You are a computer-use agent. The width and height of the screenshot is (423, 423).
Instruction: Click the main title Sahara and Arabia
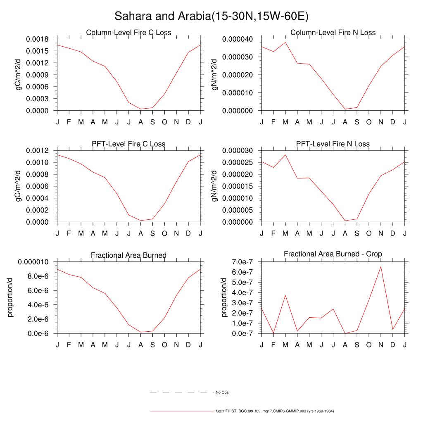click(211, 16)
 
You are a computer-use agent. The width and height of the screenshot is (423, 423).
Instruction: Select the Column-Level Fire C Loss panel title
click(128, 33)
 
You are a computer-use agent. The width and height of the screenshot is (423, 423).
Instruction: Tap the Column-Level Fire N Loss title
click(333, 33)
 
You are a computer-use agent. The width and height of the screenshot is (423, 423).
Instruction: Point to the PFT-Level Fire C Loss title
click(128, 144)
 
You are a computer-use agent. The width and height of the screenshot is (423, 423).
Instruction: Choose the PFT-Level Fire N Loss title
click(333, 144)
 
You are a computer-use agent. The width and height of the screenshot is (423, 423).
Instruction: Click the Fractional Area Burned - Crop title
click(333, 254)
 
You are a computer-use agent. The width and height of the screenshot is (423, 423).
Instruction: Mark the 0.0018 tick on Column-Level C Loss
click(37, 39)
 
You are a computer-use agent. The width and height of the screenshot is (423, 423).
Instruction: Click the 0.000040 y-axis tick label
click(238, 39)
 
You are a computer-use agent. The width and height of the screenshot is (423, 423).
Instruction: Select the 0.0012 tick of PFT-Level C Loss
click(37, 150)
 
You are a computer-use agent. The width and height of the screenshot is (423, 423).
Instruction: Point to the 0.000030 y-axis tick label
click(238, 150)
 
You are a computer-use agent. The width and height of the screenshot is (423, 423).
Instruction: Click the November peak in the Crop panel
click(381, 266)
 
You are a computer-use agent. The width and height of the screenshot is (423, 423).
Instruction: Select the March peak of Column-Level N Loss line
click(285, 43)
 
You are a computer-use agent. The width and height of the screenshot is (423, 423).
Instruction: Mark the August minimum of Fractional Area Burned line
click(140, 332)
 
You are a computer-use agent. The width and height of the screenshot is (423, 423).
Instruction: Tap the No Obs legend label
click(222, 392)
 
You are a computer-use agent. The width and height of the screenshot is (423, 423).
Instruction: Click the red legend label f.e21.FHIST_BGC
click(274, 411)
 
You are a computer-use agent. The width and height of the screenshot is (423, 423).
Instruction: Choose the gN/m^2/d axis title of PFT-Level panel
click(215, 186)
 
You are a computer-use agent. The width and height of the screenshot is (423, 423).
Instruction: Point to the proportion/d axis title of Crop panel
click(224, 297)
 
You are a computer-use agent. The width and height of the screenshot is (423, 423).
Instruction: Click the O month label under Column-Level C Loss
click(164, 122)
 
